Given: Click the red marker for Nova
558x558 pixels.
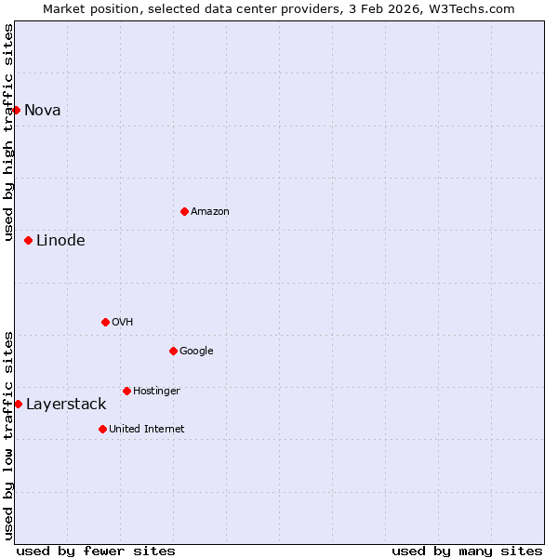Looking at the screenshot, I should pos(16,110).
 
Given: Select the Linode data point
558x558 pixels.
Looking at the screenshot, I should pos(28,240).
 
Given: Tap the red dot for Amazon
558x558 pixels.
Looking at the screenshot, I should pos(184,211).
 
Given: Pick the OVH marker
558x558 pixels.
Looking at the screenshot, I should pos(105,322).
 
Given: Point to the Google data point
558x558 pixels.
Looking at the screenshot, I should pos(173,351).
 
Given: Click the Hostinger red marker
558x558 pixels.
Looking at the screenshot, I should pos(126,391).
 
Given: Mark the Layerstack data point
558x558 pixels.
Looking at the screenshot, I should pos(18,404).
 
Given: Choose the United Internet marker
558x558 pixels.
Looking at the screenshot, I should pos(102,429).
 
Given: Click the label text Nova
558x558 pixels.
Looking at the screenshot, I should pos(43,110).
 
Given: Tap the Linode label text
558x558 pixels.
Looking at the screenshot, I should pos(60,240).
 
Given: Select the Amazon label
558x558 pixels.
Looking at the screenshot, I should pos(210,211).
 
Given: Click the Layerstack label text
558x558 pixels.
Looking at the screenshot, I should pos(66,404).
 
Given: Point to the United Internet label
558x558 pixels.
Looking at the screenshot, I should pos(147,429).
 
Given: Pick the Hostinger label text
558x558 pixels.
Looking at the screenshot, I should pos(156,391).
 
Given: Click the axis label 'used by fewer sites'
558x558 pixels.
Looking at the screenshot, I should pos(96,551).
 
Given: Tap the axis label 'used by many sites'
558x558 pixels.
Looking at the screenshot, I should pos(467,551).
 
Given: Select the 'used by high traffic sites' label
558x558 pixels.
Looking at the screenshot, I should pos(8,132).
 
